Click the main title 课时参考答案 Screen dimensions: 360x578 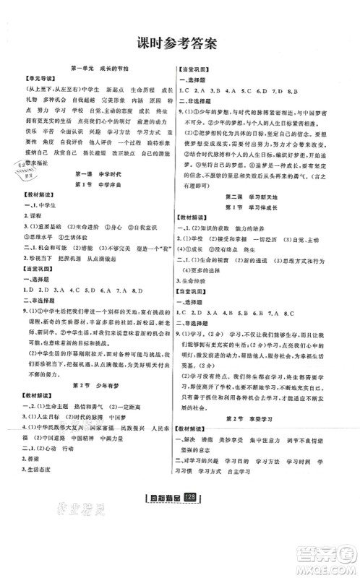click(179, 43)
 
